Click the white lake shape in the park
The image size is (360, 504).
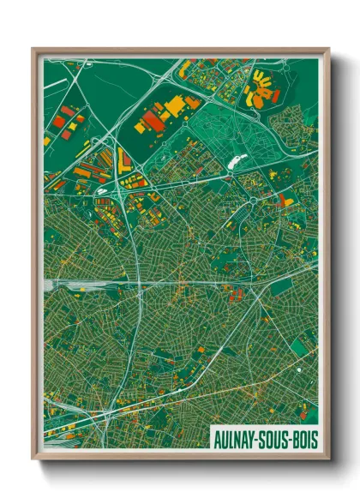[237, 159]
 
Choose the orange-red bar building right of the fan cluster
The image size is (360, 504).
[276, 96]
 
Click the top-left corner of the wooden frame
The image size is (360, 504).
[33, 49]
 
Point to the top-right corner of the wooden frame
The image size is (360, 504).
[329, 49]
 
